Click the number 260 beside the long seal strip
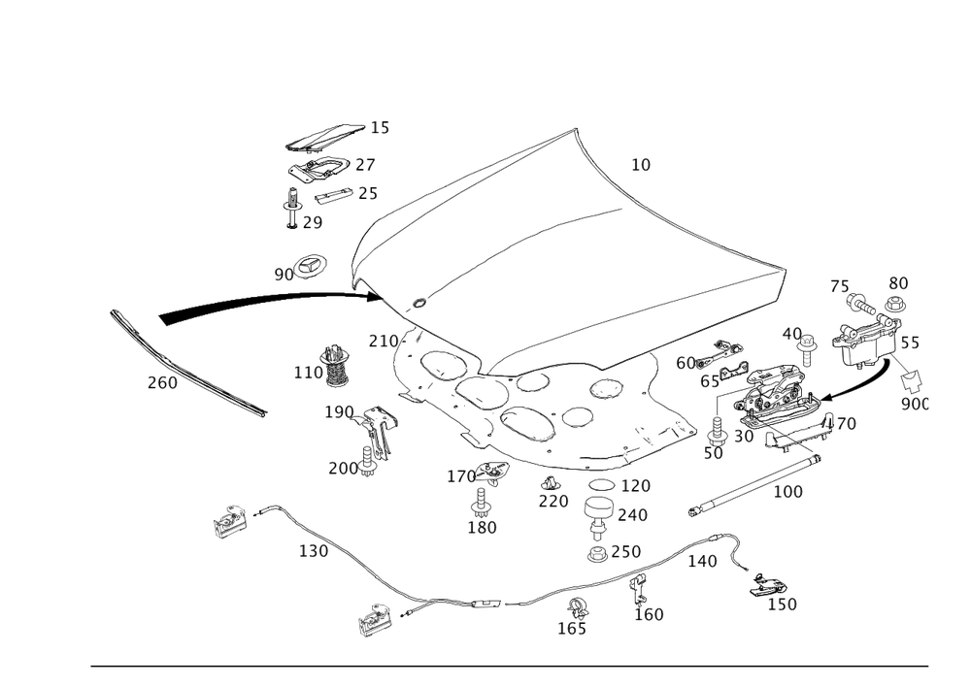pyautogui.click(x=162, y=384)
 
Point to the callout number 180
pyautogui.click(x=483, y=528)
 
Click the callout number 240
pyautogui.click(x=631, y=514)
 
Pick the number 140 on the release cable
pyautogui.click(x=702, y=561)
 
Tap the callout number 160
pyautogui.click(x=649, y=614)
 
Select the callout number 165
pyautogui.click(x=572, y=629)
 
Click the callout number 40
pyautogui.click(x=791, y=333)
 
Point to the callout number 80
pyautogui.click(x=898, y=282)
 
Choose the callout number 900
pyautogui.click(x=914, y=403)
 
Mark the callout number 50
pyautogui.click(x=715, y=452)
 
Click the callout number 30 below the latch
pyautogui.click(x=744, y=438)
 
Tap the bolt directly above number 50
pyautogui.click(x=716, y=428)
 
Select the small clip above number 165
pyautogui.click(x=579, y=608)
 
